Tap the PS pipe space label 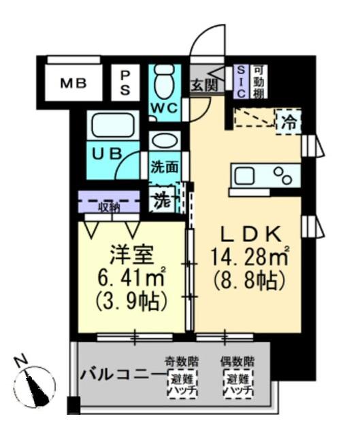click(x=127, y=83)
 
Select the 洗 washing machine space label click(x=161, y=202)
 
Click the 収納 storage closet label click(x=109, y=206)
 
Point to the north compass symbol click(x=34, y=381)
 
